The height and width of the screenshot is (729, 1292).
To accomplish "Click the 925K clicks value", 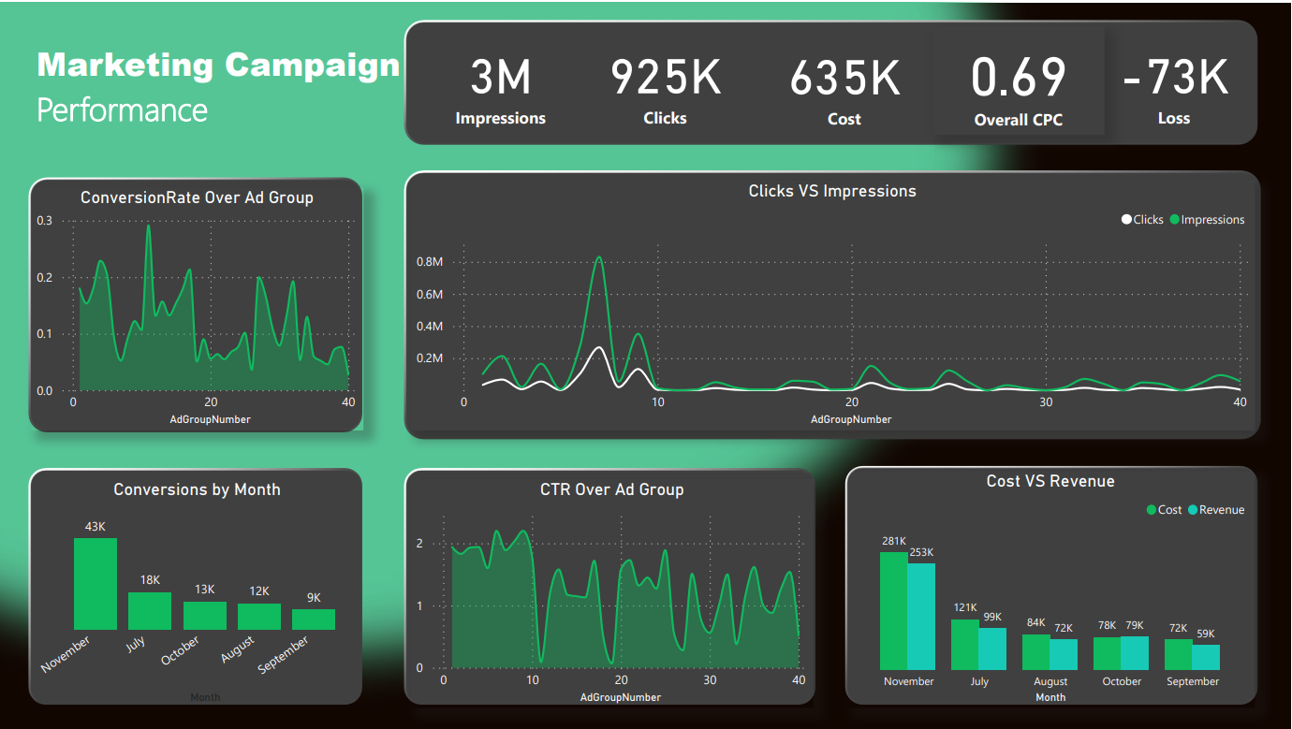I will click(x=666, y=78).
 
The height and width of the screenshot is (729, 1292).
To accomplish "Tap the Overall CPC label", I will click(x=1018, y=120).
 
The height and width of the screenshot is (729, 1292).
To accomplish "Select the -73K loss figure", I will click(x=1174, y=77).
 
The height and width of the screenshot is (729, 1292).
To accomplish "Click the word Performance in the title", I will click(x=122, y=109).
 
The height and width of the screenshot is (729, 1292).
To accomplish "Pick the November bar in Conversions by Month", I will click(x=95, y=583).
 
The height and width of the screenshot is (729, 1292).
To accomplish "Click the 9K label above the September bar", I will click(x=314, y=598).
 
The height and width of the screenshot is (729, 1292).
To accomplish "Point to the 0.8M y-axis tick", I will click(x=429, y=262).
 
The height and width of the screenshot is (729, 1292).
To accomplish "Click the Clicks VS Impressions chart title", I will click(x=831, y=191).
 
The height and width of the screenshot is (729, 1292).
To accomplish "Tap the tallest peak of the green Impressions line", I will click(x=599, y=257).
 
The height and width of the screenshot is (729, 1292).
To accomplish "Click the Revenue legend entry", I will click(x=1216, y=510).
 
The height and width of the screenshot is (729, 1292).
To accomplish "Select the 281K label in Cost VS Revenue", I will click(x=894, y=541).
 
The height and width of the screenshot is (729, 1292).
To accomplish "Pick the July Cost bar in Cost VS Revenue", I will click(x=964, y=644).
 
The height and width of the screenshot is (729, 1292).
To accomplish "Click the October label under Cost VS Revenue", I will click(x=1122, y=681).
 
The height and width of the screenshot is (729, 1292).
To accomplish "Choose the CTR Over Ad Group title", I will click(x=611, y=489).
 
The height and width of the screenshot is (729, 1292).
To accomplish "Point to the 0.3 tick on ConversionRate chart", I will click(x=45, y=221).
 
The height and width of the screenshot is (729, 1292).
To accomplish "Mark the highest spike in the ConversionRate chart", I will click(x=148, y=226).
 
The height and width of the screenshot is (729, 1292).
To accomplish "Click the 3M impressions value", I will click(x=500, y=78).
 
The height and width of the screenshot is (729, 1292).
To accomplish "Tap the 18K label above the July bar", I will click(x=150, y=580).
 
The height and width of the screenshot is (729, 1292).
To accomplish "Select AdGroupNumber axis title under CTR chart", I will click(x=620, y=697).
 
